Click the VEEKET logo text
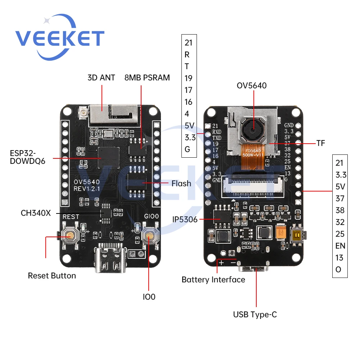pyautogui.click(x=59, y=37)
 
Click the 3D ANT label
pyautogui.click(x=101, y=77)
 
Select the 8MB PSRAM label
pyautogui.click(x=147, y=77)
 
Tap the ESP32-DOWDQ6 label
pyautogui.click(x=27, y=157)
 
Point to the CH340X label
pyautogui.click(x=36, y=213)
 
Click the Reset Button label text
pyautogui.click(x=52, y=276)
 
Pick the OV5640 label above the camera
pyautogui.click(x=252, y=85)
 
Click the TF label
pyautogui.click(x=321, y=143)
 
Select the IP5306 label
pyautogui.click(x=185, y=219)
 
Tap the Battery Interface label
pyautogui.click(x=213, y=279)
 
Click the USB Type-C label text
pyautogui.click(x=255, y=314)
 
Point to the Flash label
pyautogui.click(x=181, y=184)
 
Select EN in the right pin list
pyautogui.click(x=340, y=246)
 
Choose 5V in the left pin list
pyautogui.click(x=189, y=126)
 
